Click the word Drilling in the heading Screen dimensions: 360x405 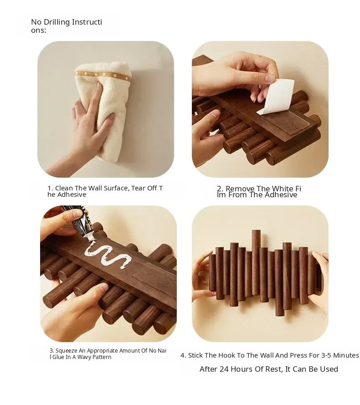(x=57, y=22)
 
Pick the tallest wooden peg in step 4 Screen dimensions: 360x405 (x=256, y=262)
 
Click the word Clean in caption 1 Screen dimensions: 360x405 (x=64, y=188)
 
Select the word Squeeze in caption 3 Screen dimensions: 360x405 (x=67, y=351)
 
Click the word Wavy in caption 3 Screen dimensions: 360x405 (x=84, y=357)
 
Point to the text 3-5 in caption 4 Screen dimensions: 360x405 (x=326, y=355)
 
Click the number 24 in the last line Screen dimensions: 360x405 (x=224, y=369)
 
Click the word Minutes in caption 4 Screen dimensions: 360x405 (x=346, y=355)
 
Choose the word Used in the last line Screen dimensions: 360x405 (x=329, y=369)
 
